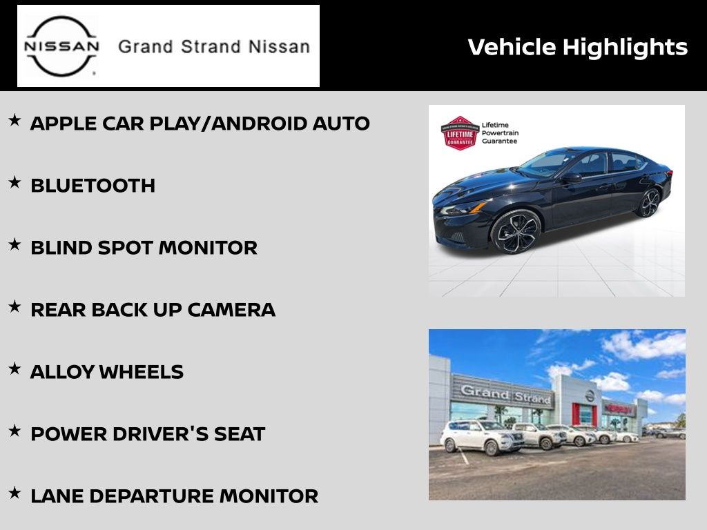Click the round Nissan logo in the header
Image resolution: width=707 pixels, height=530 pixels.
(61, 46)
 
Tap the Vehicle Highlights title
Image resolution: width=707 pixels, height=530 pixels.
(578, 48)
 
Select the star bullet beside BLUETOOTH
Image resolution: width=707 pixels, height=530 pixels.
(14, 182)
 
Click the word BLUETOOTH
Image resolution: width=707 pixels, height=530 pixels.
(93, 186)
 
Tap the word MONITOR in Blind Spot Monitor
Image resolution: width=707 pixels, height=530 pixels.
(208, 248)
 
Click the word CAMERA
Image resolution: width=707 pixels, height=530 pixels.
(231, 310)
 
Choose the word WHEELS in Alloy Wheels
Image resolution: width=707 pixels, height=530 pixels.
(141, 372)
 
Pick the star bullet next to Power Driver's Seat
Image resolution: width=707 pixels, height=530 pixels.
(14, 431)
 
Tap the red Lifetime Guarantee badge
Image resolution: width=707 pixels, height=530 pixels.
(459, 133)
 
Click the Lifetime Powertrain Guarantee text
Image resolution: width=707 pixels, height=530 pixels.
(500, 133)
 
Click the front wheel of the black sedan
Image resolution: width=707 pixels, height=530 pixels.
(515, 232)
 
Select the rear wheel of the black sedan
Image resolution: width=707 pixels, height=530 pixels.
(649, 202)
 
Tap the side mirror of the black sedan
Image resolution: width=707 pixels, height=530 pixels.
(571, 177)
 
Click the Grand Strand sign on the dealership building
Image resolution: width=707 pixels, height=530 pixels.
(505, 393)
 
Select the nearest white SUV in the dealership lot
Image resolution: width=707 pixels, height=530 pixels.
(481, 437)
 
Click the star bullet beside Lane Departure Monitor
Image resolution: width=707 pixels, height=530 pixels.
(14, 493)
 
